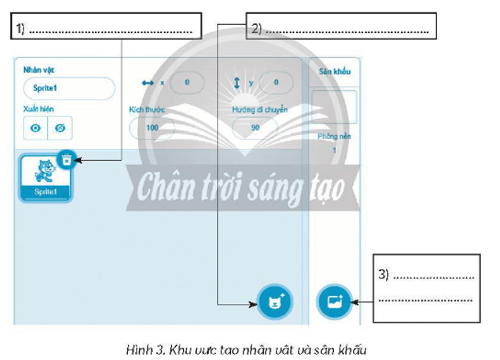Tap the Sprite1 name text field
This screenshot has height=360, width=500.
click(x=68, y=88)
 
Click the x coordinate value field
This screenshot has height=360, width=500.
click(x=187, y=83)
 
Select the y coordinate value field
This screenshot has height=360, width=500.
click(x=276, y=83)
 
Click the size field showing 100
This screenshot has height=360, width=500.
click(x=152, y=128)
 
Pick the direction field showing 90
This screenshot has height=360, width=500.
click(x=256, y=128)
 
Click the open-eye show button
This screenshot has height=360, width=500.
click(x=35, y=128)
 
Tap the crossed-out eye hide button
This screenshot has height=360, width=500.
click(x=60, y=128)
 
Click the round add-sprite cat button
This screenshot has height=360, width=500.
click(x=275, y=300)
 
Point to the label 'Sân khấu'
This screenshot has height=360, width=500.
click(x=333, y=72)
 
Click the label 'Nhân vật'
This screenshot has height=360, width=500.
click(x=39, y=70)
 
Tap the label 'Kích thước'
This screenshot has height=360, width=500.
click(x=146, y=109)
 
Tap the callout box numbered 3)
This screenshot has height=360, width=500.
click(x=426, y=287)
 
